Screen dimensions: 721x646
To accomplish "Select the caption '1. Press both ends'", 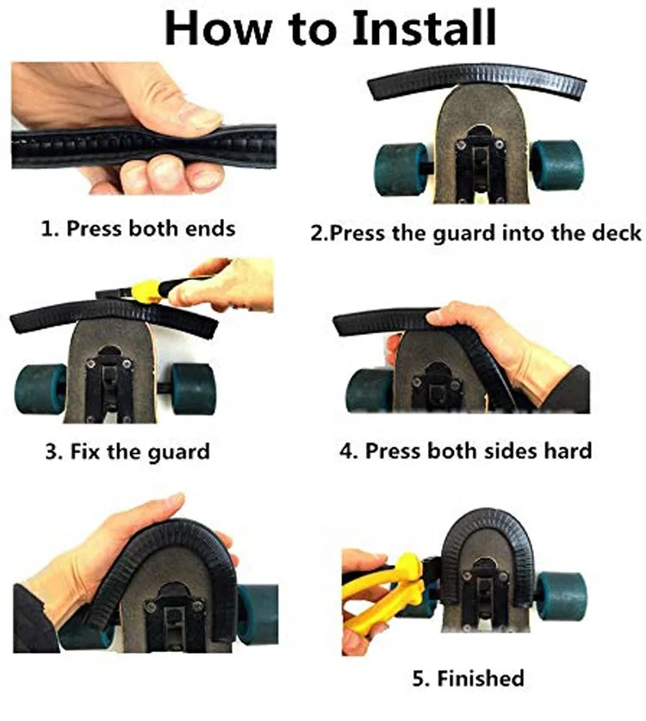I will pyautogui.click(x=137, y=229).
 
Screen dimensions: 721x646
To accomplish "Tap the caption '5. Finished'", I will pyautogui.click(x=468, y=678).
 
